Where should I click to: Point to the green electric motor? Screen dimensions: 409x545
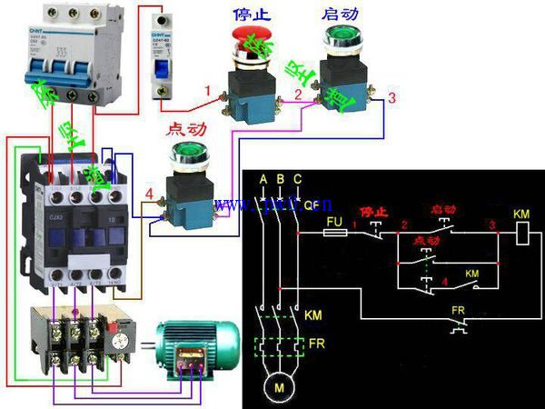(x=195, y=349)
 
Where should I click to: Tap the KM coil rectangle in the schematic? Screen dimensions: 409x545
(x=521, y=234)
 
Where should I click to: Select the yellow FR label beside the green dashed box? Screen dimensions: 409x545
(x=317, y=345)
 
